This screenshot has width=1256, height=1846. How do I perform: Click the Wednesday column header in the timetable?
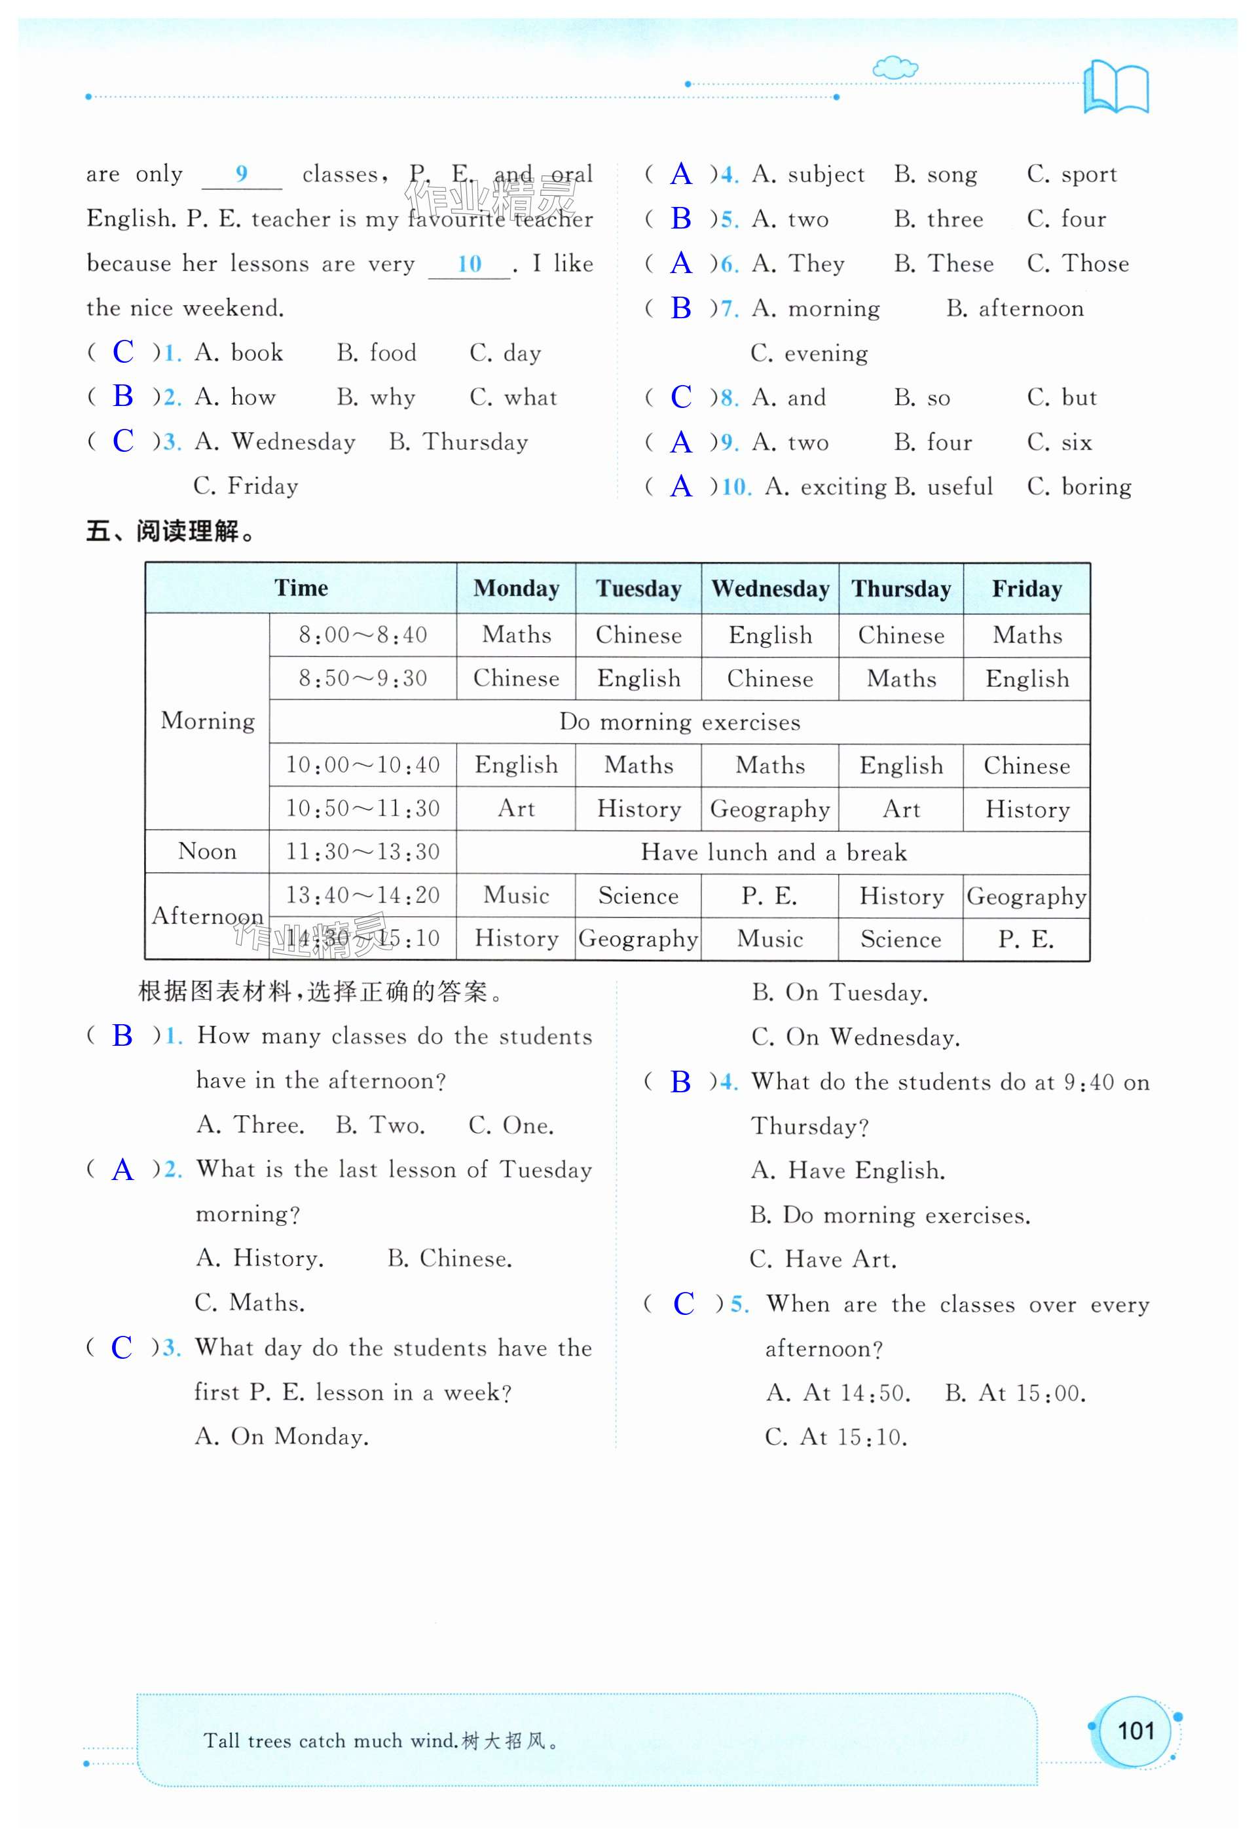[770, 589]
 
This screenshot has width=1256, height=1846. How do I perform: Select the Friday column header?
[1026, 589]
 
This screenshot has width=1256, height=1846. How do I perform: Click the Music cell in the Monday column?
[517, 895]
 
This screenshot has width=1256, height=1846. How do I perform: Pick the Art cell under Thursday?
[901, 809]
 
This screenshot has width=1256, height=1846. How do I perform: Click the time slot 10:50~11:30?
[362, 809]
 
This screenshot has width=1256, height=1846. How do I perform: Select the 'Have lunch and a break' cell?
[773, 853]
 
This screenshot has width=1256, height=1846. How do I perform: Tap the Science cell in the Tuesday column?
[638, 895]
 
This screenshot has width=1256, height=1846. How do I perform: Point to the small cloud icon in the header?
[895, 67]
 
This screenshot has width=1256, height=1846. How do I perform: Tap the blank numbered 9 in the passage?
[242, 175]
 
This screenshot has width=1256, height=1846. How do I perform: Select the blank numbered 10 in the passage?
[470, 265]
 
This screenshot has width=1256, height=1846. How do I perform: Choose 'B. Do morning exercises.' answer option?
[890, 1215]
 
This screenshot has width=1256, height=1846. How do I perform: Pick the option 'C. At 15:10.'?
[836, 1437]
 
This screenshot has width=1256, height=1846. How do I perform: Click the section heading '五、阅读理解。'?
[172, 531]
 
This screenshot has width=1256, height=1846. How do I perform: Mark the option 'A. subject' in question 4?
[808, 175]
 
